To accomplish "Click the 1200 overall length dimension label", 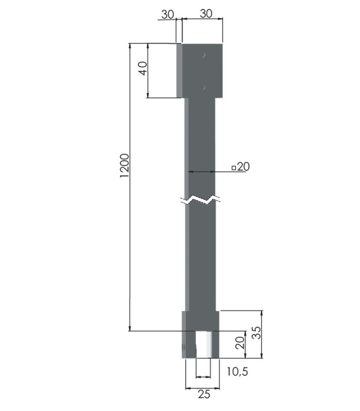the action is (124, 165).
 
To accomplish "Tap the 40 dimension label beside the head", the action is (143, 69).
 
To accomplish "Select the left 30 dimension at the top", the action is (168, 14).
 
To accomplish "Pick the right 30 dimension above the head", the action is (206, 14).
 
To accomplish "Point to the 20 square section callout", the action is (241, 166).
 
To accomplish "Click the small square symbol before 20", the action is (234, 168).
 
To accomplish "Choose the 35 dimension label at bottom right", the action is (257, 332).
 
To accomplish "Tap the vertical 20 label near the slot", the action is (240, 342).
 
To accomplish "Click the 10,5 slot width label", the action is (237, 371).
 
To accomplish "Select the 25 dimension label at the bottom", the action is (204, 394).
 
